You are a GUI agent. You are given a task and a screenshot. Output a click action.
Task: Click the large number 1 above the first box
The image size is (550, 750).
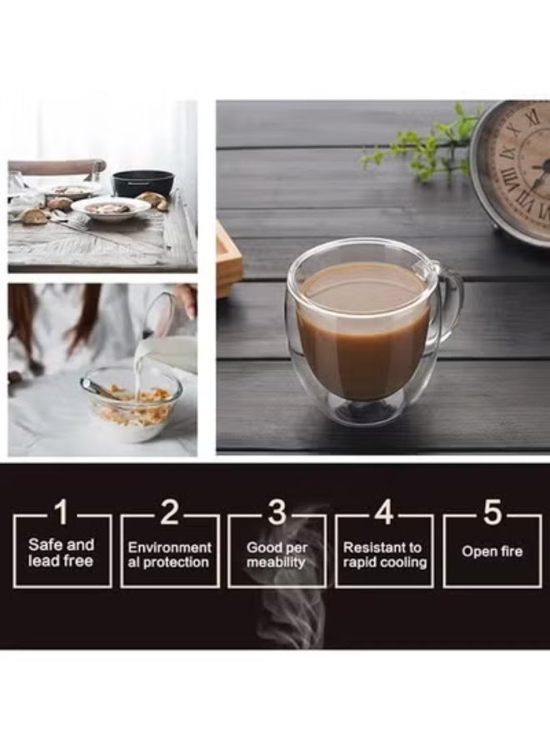[x=62, y=512]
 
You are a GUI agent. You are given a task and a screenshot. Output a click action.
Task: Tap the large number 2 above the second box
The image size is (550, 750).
[x=169, y=512]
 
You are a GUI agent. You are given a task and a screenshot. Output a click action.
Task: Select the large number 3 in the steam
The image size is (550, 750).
[x=277, y=512]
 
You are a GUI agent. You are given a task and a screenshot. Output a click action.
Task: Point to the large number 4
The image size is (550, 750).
[x=384, y=512]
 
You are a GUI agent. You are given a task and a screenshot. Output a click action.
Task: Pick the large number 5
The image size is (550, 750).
[x=492, y=512]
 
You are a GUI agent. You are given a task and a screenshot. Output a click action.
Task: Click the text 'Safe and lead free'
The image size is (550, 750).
[x=61, y=552]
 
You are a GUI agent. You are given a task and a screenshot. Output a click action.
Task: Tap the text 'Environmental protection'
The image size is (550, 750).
[x=169, y=554]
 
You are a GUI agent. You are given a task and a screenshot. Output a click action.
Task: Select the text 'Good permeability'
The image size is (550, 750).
[x=277, y=554]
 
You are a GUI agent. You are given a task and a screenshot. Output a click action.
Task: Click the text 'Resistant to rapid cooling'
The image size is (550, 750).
[x=384, y=554]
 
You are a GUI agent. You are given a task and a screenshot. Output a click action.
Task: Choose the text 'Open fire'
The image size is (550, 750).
[x=492, y=552]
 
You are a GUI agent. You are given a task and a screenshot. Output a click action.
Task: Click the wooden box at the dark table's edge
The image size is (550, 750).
[x=229, y=259]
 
